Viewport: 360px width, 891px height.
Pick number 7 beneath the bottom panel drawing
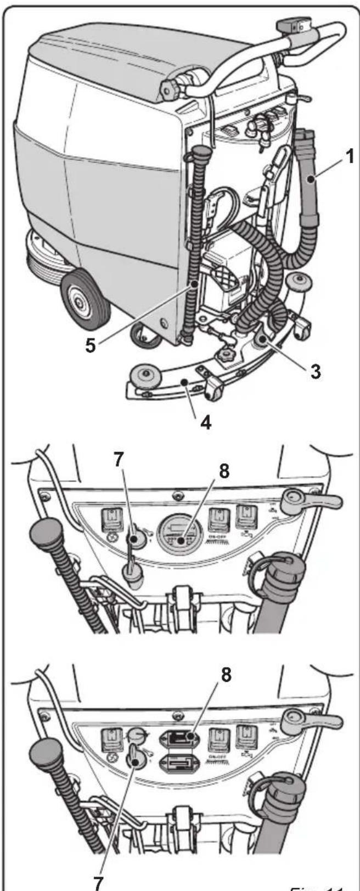point(99,880)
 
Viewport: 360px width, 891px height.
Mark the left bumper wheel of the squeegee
point(140,376)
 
